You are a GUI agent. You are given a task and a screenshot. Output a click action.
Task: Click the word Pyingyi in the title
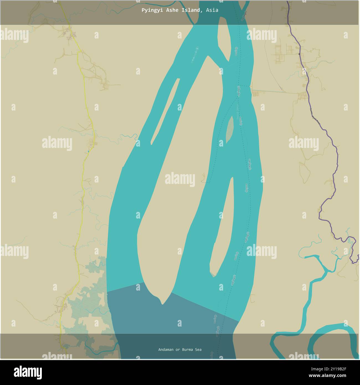[x=150, y=10]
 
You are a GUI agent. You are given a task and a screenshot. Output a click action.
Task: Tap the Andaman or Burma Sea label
[x=180, y=350]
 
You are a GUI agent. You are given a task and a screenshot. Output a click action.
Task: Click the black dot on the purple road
[x=299, y=54]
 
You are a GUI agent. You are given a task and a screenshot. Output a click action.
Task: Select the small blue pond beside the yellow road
[x=88, y=151]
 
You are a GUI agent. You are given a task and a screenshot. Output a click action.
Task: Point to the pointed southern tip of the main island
[x=163, y=304]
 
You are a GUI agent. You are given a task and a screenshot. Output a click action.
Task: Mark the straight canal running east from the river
[x=269, y=91]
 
